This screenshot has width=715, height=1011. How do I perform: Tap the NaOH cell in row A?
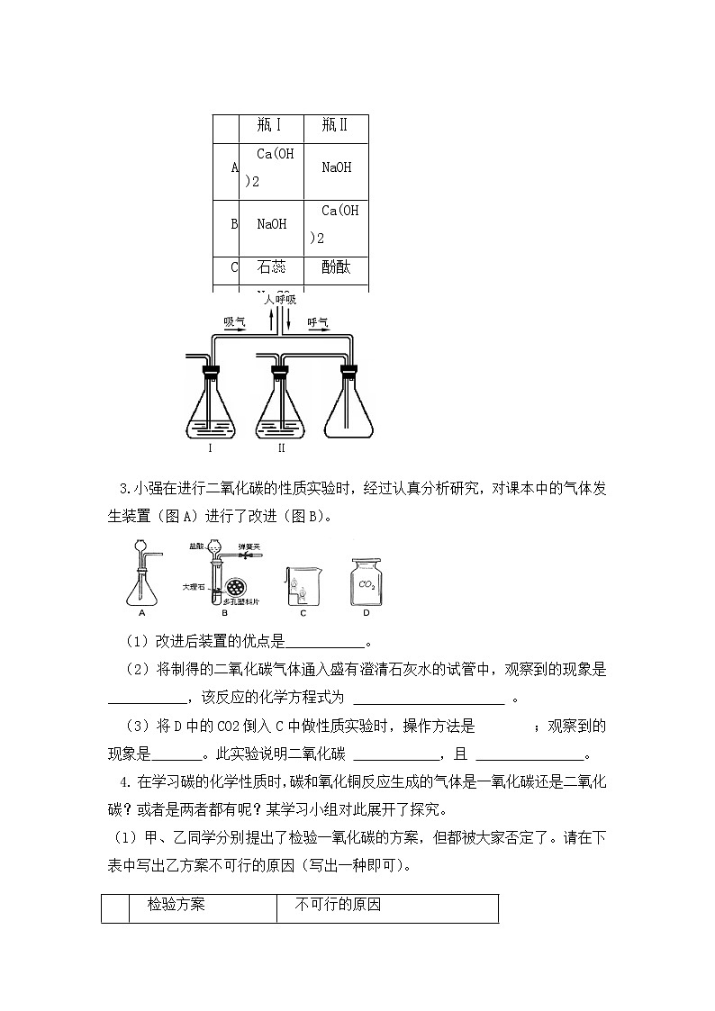click(335, 167)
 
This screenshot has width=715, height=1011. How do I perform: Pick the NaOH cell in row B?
click(271, 224)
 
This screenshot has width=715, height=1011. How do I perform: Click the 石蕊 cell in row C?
click(270, 267)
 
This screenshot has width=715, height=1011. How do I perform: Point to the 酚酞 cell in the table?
click(335, 267)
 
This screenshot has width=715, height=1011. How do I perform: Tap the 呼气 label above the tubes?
click(318, 321)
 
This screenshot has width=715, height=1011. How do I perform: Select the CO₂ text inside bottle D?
click(367, 584)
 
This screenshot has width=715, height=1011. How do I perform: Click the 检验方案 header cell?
click(176, 905)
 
